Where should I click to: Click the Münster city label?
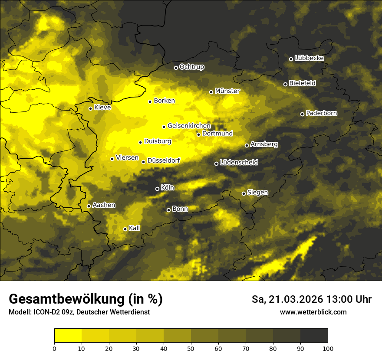coord(227,91)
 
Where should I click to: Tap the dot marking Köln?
coord(157,189)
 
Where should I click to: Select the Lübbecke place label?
coord(309,58)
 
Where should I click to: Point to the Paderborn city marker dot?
coord(302,114)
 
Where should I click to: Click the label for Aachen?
coord(104,205)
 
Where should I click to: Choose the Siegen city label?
coord(257,193)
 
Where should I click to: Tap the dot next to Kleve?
coord(90,108)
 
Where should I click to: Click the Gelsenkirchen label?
coord(189,126)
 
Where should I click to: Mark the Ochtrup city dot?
coord(176,68)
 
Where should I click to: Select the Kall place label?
coord(135,228)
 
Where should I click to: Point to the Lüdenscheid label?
coord(239,163)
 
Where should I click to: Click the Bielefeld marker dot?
coord(285,84)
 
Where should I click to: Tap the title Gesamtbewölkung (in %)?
coord(86,299)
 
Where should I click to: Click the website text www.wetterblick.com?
coord(313,312)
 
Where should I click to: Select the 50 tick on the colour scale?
coord(191,348)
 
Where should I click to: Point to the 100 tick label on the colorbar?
coord(328,348)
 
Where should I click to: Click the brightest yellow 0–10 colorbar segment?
coord(68,336)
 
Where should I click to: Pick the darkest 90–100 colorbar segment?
coord(314,336)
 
